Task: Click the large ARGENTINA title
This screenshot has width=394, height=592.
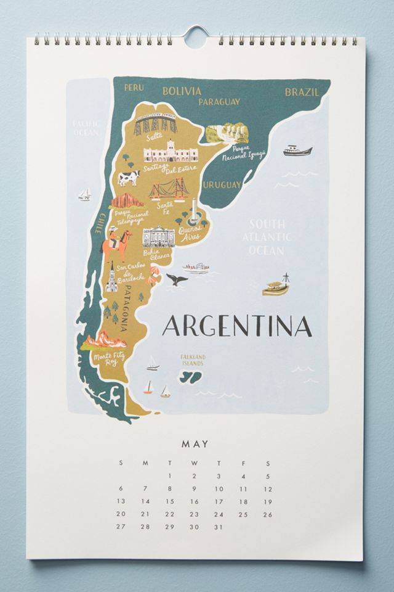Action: [x=237, y=326]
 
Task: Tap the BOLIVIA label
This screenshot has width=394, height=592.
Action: [x=182, y=91]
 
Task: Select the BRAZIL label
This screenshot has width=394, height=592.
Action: [x=302, y=92]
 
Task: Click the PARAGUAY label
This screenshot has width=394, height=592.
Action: [x=219, y=102]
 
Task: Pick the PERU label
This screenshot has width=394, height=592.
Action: [x=134, y=88]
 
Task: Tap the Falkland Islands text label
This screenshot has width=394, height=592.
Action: [x=193, y=360]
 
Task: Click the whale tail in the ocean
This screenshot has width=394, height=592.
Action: [x=177, y=279]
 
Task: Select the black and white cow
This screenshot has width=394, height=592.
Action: [x=128, y=178]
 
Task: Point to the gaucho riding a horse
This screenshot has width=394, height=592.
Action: [x=116, y=242]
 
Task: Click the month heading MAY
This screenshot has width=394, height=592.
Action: [x=195, y=443]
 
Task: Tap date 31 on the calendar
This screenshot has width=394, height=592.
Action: [x=219, y=527]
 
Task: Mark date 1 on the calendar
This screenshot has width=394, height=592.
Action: [x=169, y=476]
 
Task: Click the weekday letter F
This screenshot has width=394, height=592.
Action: [x=243, y=462]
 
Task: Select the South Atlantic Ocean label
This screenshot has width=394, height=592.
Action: [x=267, y=237]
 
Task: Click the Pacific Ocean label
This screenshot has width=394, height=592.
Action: [x=86, y=128]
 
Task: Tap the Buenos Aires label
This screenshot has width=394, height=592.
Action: [x=190, y=232]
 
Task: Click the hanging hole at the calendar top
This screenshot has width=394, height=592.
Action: [x=196, y=36]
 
